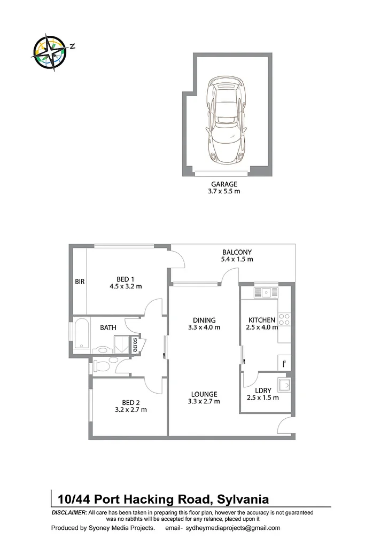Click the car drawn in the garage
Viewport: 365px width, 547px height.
tap(228, 121)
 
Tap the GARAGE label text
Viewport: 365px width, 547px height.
tap(224, 184)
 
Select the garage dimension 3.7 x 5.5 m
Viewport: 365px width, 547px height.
tap(224, 191)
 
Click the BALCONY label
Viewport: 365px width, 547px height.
tap(237, 252)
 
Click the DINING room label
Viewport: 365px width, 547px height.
tap(204, 320)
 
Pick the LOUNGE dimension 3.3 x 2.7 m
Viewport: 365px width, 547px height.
tap(204, 401)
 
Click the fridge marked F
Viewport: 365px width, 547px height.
tap(284, 363)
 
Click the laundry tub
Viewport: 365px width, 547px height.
tap(285, 385)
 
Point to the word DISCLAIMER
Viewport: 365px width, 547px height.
tap(69, 512)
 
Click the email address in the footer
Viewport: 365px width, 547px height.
tap(232, 528)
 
